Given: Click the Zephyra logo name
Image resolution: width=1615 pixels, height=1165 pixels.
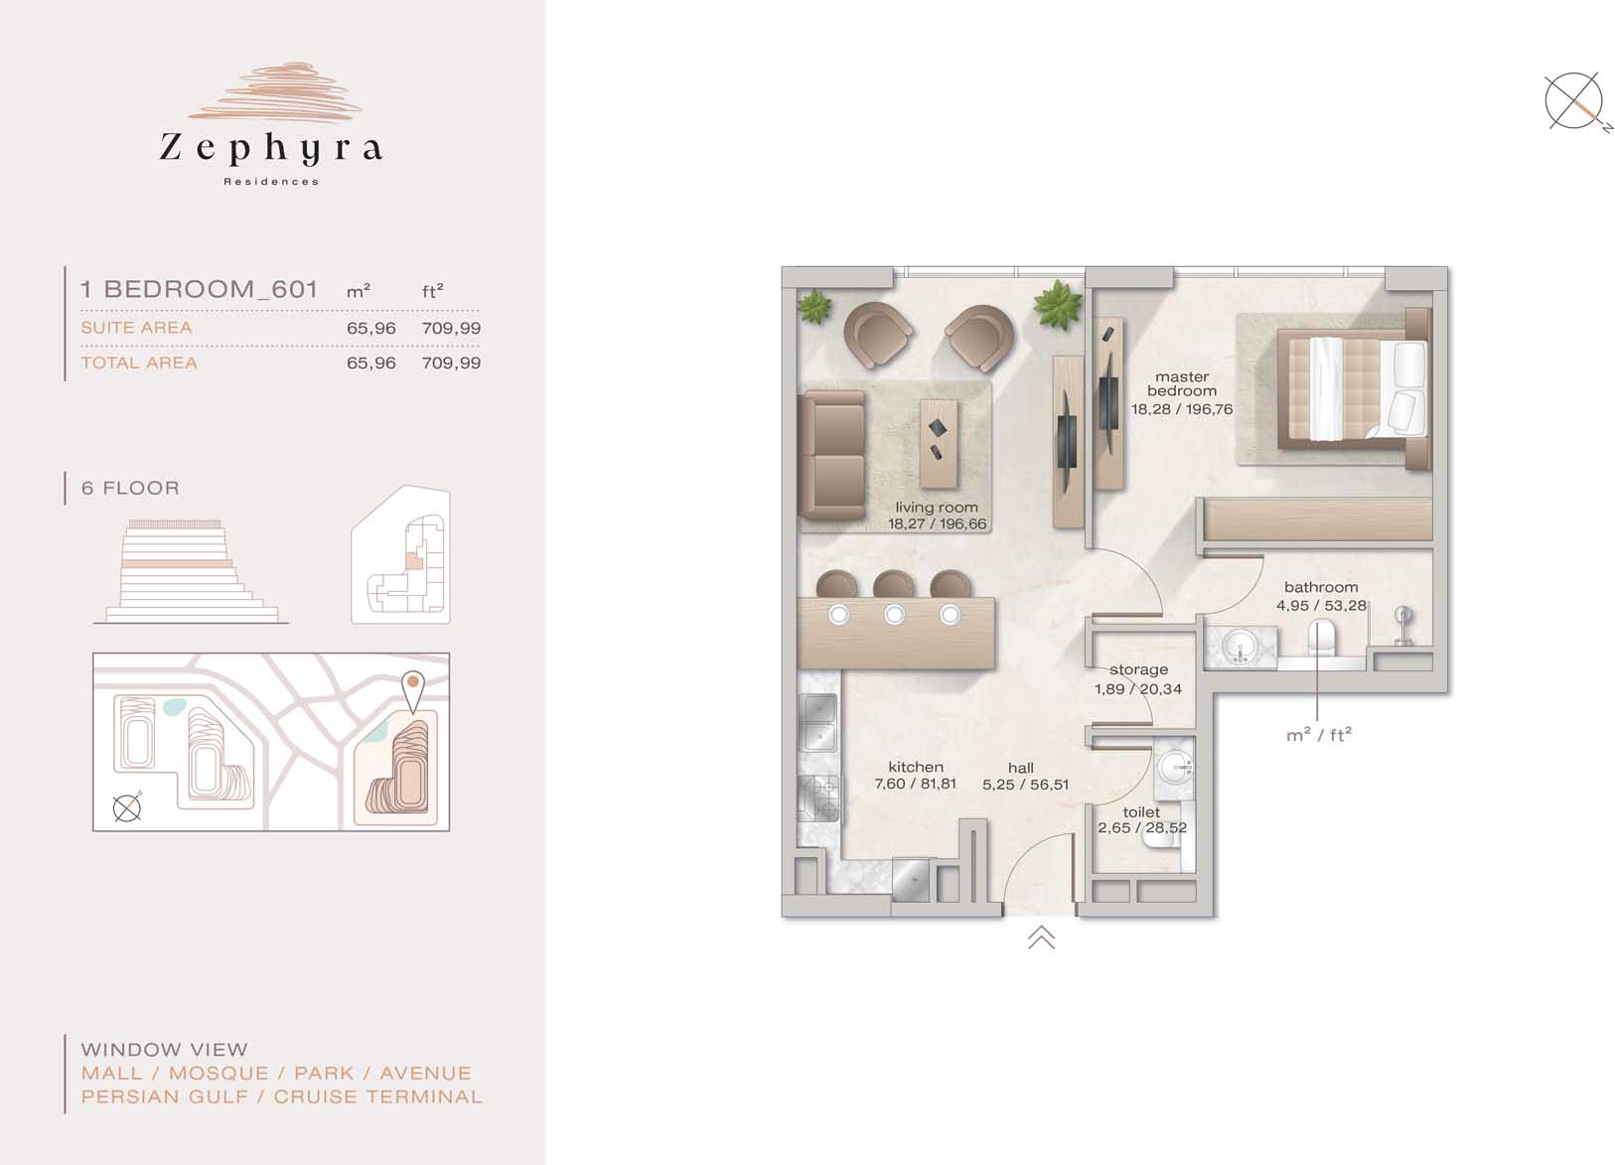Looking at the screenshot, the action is (270, 148).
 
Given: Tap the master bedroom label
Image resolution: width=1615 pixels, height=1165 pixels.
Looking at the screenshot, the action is (1182, 383).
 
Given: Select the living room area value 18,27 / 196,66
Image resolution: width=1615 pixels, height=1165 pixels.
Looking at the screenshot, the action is (937, 524).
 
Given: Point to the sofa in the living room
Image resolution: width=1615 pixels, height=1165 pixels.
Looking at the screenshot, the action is (831, 455).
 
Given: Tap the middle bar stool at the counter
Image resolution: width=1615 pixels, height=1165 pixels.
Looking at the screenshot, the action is (893, 584).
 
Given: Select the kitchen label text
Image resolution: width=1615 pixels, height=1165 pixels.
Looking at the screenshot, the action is (916, 767).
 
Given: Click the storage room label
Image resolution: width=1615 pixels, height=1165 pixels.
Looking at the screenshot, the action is (1138, 669).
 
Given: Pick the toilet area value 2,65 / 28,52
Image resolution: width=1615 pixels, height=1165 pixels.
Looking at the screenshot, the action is (1142, 827).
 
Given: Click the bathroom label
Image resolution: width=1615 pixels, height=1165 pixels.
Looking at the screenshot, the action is (1321, 588).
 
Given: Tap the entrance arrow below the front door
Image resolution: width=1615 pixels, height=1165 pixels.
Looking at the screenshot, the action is (1041, 938).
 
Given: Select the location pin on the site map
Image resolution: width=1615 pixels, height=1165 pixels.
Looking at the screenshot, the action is (413, 691).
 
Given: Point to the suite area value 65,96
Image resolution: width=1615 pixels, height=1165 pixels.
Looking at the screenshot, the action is (371, 329).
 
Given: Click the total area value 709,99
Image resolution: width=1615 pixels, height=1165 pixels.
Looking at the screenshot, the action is (451, 364).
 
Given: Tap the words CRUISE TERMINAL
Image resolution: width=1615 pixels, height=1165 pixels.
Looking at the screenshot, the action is (377, 1097).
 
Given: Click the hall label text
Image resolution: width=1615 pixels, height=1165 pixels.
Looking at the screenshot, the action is (1021, 768).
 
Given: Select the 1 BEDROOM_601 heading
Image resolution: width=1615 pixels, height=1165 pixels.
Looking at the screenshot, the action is (199, 290).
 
